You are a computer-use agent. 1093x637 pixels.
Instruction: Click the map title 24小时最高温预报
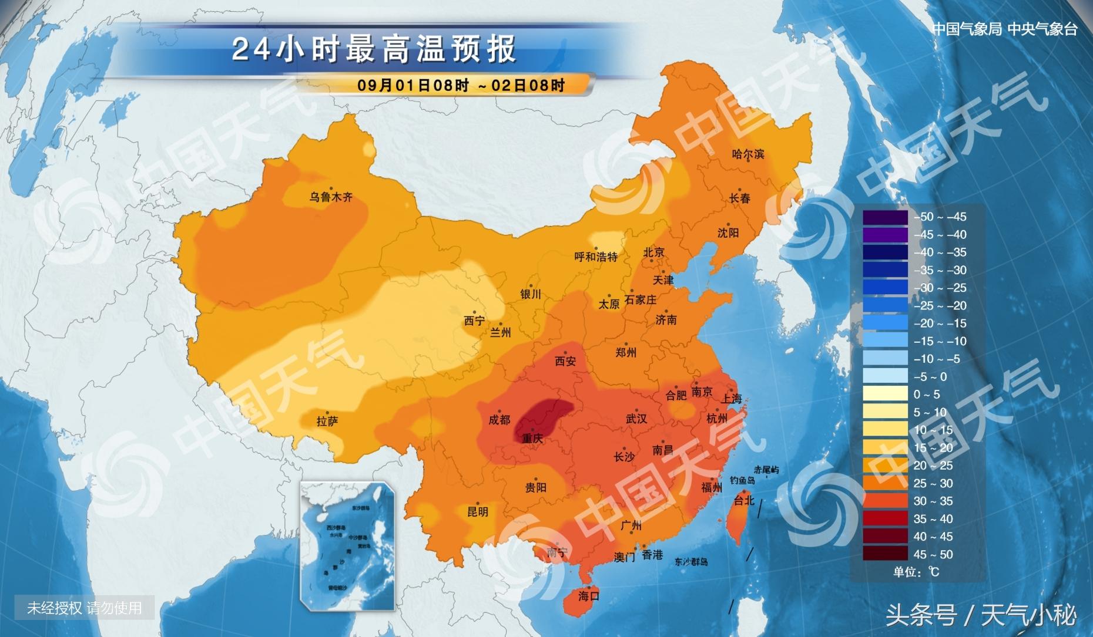click(374, 49)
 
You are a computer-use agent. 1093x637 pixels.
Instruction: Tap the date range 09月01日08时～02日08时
click(461, 85)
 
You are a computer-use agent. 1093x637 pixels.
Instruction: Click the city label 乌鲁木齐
click(331, 197)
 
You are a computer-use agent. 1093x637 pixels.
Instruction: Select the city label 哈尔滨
click(748, 154)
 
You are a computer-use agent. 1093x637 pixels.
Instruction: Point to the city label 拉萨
click(327, 421)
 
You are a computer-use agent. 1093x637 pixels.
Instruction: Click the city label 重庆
click(532, 438)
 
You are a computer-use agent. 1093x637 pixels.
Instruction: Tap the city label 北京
click(653, 252)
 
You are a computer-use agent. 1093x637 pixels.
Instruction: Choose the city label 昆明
click(477, 511)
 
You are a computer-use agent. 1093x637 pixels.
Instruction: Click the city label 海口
click(588, 596)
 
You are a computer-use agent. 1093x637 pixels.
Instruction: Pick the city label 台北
click(744, 500)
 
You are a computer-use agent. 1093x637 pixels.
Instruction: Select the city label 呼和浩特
click(596, 257)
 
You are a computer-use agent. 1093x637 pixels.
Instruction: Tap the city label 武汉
click(636, 419)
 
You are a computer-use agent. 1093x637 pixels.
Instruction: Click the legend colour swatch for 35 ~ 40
click(885, 518)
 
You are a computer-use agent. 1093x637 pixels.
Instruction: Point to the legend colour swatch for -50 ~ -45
click(885, 217)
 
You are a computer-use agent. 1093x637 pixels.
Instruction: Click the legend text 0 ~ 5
click(927, 395)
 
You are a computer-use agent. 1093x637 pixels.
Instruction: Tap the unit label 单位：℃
click(916, 572)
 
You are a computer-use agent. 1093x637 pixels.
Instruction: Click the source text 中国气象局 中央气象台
click(1005, 29)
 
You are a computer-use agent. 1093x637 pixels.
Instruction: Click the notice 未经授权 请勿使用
click(85, 608)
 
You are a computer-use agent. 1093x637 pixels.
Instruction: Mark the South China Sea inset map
click(347, 546)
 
